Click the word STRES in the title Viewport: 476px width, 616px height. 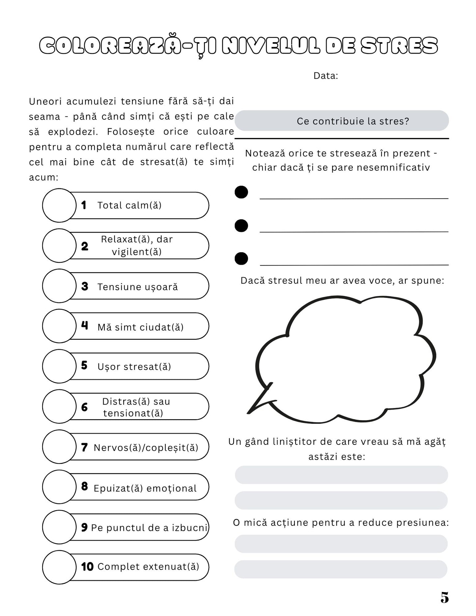click(399, 46)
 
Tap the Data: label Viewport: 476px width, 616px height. click(325, 76)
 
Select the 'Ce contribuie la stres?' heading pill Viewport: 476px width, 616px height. click(342, 121)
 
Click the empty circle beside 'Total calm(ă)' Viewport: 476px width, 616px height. click(59, 205)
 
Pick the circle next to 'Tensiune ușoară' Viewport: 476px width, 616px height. click(59, 286)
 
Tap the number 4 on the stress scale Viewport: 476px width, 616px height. click(85, 326)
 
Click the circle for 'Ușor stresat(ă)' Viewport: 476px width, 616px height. click(59, 366)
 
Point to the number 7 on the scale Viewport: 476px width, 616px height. click(84, 447)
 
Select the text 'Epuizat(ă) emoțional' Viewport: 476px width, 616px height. click(145, 488)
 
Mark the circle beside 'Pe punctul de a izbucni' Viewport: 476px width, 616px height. click(59, 527)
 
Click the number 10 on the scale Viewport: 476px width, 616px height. click(87, 567)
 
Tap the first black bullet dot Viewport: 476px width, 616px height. click(241, 192)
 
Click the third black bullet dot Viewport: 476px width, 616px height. click(241, 258)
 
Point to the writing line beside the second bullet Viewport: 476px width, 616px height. click(354, 231)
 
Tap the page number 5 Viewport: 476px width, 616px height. click(444, 598)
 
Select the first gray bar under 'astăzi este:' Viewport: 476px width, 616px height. click(341, 475)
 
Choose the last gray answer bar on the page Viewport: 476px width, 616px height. click(341, 569)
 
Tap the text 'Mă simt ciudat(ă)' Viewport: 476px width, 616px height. click(140, 327)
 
